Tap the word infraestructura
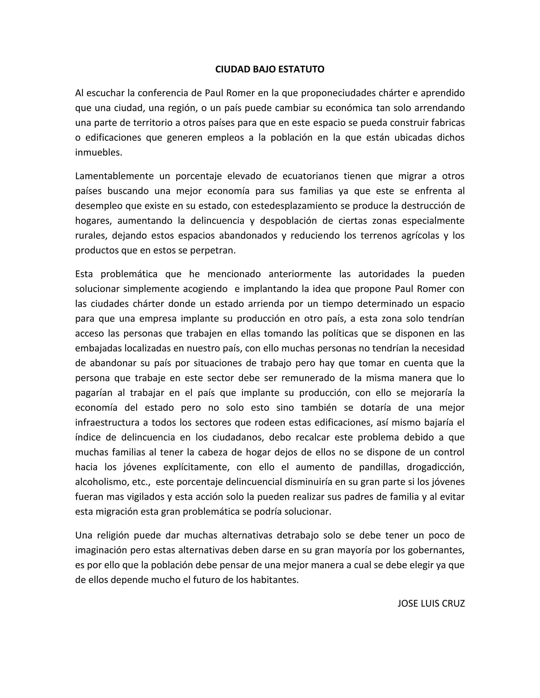point(108,422)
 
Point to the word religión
point(113,535)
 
